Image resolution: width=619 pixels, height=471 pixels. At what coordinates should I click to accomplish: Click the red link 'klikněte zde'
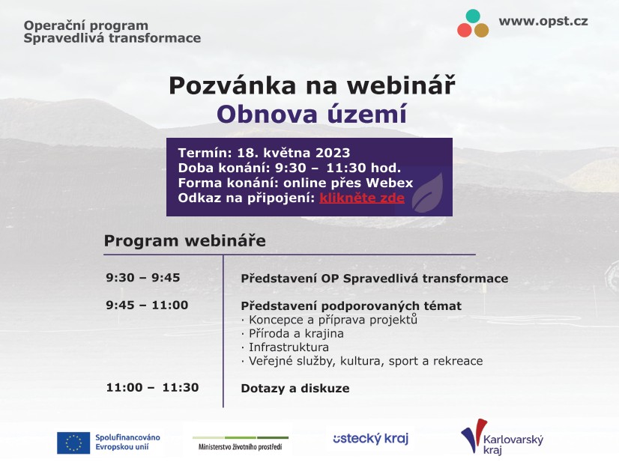362,198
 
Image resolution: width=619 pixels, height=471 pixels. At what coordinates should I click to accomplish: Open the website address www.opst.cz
543,21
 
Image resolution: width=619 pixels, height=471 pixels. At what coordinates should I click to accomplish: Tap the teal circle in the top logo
473,16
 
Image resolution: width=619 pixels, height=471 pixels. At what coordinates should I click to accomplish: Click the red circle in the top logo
465,30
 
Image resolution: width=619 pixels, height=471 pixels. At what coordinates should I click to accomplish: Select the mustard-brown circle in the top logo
481,30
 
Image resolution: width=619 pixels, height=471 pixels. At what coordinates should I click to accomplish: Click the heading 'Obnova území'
311,115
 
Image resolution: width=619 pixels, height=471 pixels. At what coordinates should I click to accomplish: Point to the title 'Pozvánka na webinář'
311,85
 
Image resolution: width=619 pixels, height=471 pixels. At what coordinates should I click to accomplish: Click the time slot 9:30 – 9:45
143,278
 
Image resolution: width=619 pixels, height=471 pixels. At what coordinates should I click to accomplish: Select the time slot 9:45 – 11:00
147,305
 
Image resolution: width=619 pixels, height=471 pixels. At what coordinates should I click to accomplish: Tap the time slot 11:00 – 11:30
152,387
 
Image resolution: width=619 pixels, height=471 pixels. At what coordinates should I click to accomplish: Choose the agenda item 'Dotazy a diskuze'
295,388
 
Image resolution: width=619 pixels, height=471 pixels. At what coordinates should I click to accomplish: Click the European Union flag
73,443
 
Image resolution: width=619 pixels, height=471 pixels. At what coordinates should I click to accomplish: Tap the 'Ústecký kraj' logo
370,439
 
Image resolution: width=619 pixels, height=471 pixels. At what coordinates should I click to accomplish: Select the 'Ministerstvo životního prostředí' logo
240,443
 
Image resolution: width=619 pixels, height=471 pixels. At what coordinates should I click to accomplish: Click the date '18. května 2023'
293,154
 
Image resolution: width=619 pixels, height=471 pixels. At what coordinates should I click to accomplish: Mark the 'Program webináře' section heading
184,240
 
